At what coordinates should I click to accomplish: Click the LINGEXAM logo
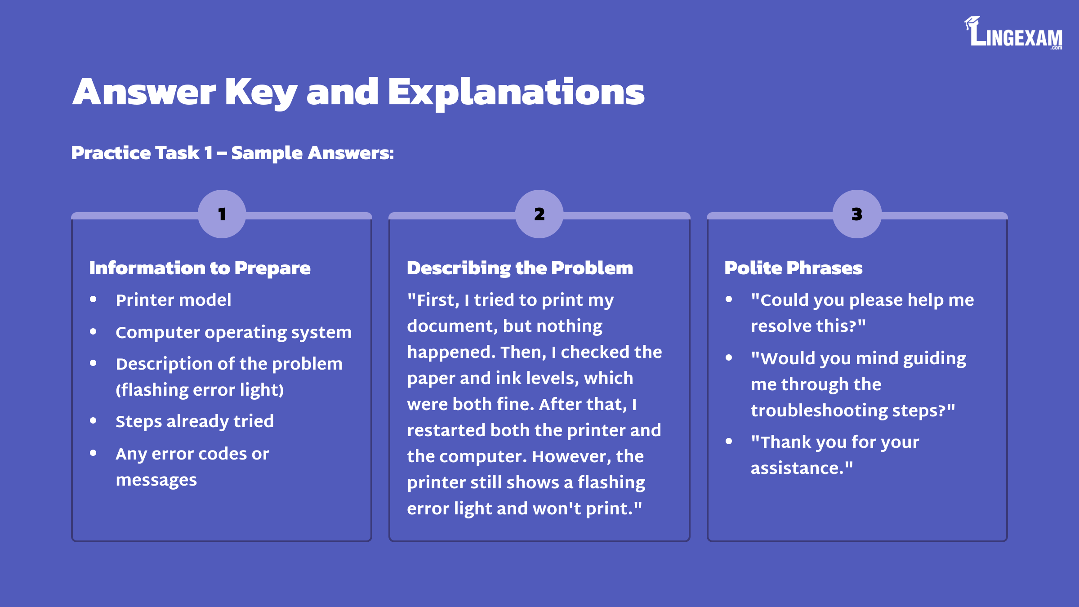tap(1013, 33)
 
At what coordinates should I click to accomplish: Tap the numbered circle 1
tap(222, 214)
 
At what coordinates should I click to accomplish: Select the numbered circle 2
tap(539, 214)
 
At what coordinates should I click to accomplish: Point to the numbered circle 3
tap(857, 214)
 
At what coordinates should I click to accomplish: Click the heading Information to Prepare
tap(200, 268)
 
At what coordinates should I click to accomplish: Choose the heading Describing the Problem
tap(520, 268)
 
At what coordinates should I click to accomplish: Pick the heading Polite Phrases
tap(793, 268)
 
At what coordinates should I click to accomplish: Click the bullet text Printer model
tap(174, 300)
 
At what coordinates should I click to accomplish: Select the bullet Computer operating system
tap(233, 332)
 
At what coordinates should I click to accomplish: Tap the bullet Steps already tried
tap(195, 421)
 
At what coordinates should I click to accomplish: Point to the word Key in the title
tap(261, 92)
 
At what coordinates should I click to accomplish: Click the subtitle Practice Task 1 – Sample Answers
tap(232, 153)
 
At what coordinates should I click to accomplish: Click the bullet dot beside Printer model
tap(93, 299)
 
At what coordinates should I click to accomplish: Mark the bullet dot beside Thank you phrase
tap(729, 442)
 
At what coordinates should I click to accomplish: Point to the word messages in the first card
tap(156, 480)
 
